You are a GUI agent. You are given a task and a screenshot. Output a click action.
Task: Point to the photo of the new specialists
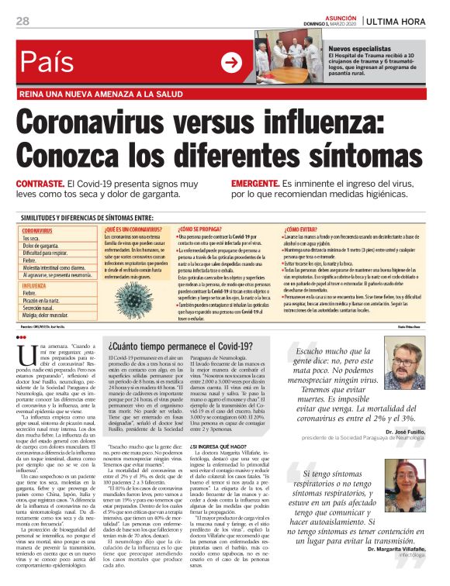click(289, 57)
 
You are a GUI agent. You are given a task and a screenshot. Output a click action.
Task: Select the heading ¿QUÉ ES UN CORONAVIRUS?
click(131, 229)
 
